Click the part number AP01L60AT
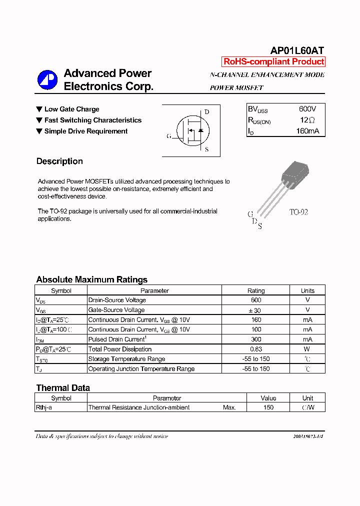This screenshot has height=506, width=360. (x=297, y=50)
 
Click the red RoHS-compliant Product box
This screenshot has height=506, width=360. (x=273, y=62)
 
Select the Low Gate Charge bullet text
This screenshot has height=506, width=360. (x=71, y=109)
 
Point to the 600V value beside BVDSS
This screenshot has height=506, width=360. (x=307, y=109)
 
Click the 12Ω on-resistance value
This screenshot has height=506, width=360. (x=307, y=120)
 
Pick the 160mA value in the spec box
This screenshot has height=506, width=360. (x=307, y=131)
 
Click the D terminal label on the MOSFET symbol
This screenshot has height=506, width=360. (x=206, y=111)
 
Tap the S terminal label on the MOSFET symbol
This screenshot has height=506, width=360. (x=206, y=149)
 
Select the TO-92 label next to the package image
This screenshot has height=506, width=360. (x=298, y=212)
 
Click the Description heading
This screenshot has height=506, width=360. (x=59, y=161)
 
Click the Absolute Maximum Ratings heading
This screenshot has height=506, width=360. (x=91, y=279)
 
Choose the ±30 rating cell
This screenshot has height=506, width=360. (x=255, y=310)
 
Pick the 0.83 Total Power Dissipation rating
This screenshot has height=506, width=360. (x=255, y=349)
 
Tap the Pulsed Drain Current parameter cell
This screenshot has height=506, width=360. (x=116, y=339)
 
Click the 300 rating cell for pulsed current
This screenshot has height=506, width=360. (x=255, y=339)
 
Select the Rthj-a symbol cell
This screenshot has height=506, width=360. (x=44, y=407)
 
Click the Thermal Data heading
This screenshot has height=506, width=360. (x=63, y=388)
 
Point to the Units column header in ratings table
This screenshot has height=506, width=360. (x=307, y=290)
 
